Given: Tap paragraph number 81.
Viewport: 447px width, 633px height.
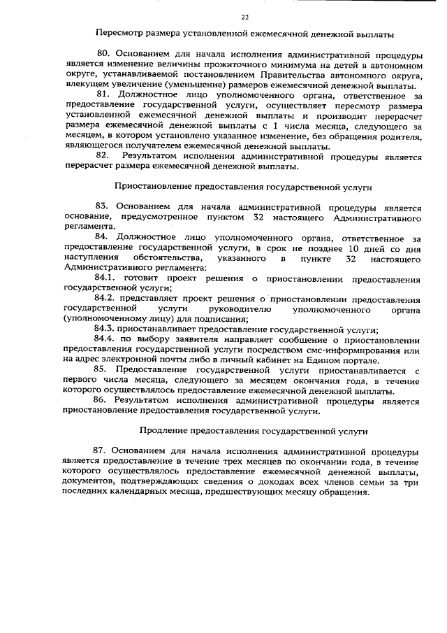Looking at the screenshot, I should tap(104, 94).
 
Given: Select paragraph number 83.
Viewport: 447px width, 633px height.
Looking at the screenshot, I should tap(104, 208).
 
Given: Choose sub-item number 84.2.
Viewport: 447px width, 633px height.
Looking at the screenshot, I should tap(107, 299).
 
